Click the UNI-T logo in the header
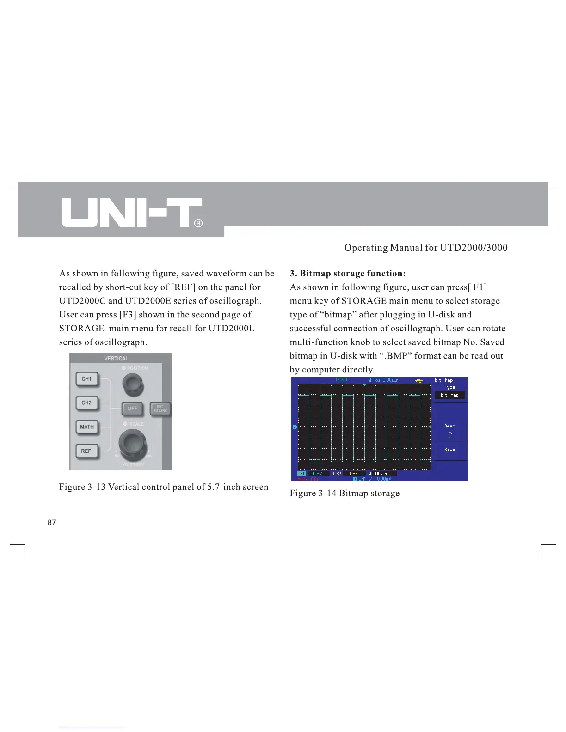(x=131, y=213)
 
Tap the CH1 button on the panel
(x=87, y=379)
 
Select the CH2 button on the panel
(x=87, y=403)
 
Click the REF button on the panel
(x=86, y=451)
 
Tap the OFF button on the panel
(x=133, y=409)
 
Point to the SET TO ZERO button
(x=160, y=409)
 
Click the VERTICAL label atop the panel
(x=116, y=359)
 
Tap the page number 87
(x=52, y=522)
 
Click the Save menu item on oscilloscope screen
(x=449, y=450)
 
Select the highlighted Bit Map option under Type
(x=449, y=395)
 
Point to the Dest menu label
(x=449, y=426)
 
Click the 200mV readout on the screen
(x=315, y=474)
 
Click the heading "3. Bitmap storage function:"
(x=348, y=274)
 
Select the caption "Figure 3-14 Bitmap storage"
(x=345, y=494)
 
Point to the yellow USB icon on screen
(x=419, y=380)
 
